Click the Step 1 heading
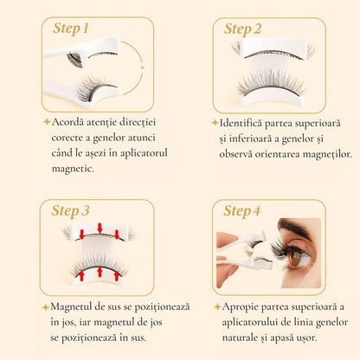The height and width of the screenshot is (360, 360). (71, 29)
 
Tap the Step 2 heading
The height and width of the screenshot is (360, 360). (249, 29)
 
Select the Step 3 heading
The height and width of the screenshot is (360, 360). (71, 210)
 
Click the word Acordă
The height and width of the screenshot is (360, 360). (72, 123)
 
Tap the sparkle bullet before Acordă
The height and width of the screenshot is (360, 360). (46, 123)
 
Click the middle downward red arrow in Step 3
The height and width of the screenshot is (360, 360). (100, 229)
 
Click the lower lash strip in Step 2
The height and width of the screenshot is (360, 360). (272, 84)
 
